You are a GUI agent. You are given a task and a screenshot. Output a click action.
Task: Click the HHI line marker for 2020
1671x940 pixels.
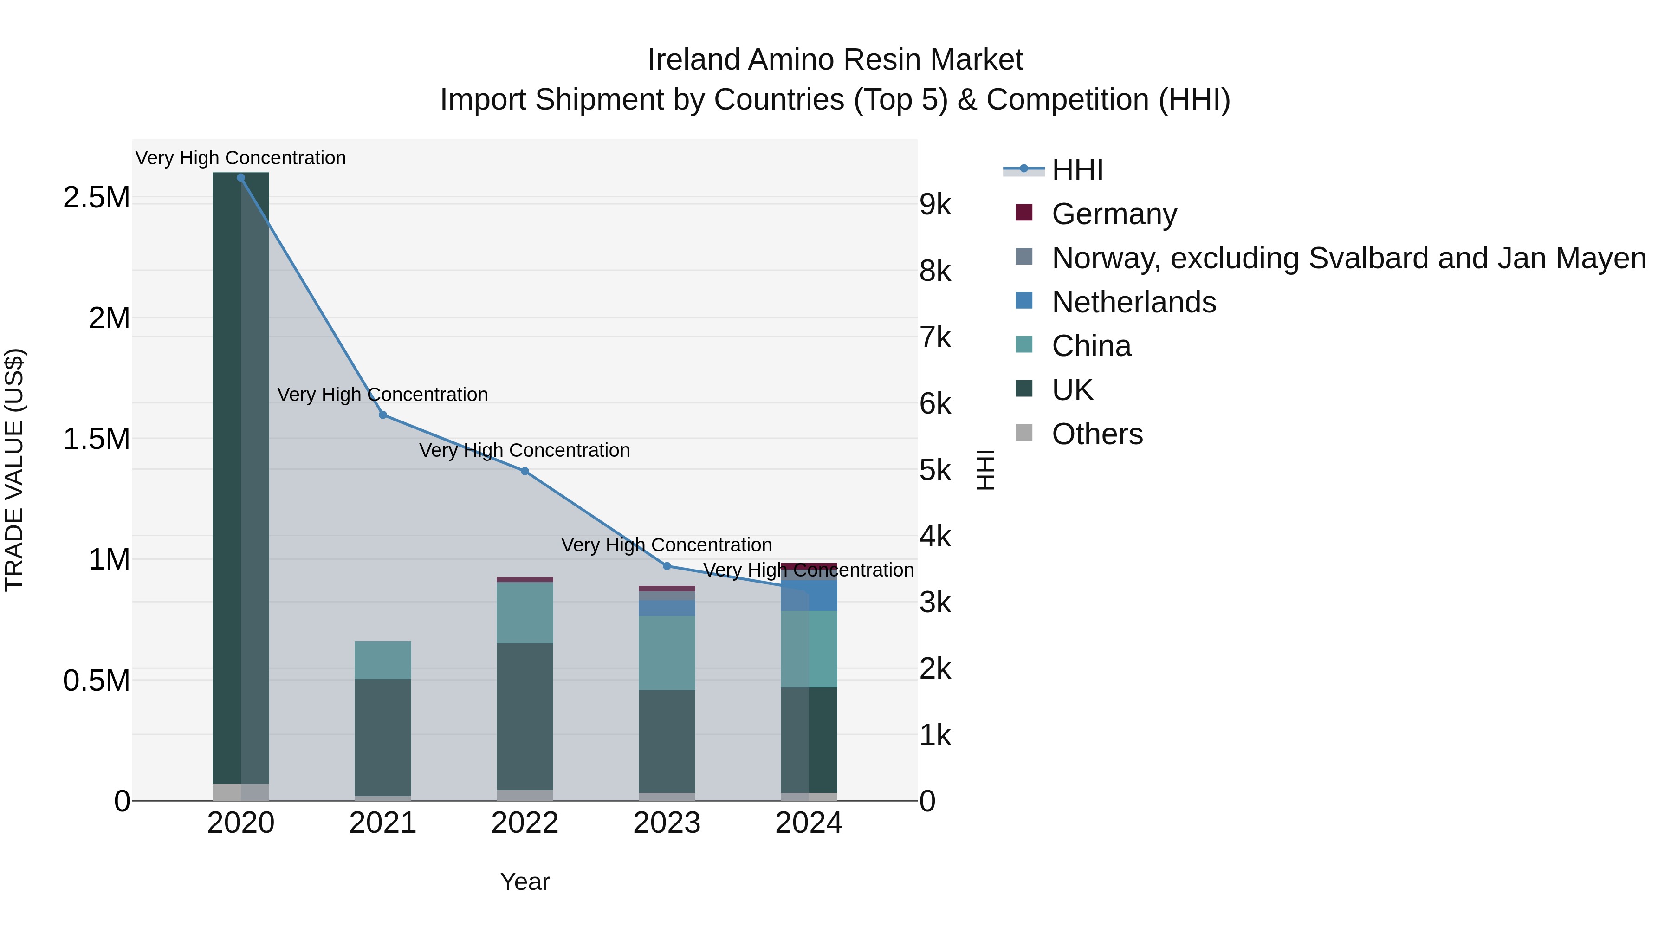coord(240,178)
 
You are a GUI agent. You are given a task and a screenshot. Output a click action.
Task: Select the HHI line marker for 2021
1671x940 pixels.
coord(383,415)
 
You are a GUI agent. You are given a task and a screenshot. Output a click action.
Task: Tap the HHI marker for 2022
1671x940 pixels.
coord(525,471)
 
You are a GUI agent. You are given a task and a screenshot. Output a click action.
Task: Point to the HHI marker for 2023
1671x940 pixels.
coord(667,566)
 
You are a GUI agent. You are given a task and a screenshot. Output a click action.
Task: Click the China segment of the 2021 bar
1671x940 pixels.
coord(383,660)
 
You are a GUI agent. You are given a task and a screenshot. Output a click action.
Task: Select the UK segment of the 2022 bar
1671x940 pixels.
coord(525,716)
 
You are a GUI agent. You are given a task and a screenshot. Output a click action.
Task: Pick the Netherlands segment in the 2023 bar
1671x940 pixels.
coord(667,608)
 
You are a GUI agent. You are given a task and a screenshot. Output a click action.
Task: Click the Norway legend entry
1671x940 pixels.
coord(1348,258)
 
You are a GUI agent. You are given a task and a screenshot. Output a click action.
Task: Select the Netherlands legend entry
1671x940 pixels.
coord(1133,302)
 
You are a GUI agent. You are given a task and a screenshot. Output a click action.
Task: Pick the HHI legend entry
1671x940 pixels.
coord(1077,170)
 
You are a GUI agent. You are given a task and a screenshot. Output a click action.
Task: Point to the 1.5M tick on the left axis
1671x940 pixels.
coord(97,439)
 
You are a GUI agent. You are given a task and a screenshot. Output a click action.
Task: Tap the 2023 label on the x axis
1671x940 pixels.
coord(667,823)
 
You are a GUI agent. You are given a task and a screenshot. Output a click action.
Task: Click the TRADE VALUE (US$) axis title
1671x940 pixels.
coord(14,470)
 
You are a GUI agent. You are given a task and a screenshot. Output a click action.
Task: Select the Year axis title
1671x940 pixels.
coord(525,882)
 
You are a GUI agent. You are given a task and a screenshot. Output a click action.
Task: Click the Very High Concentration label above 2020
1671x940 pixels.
coord(240,158)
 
